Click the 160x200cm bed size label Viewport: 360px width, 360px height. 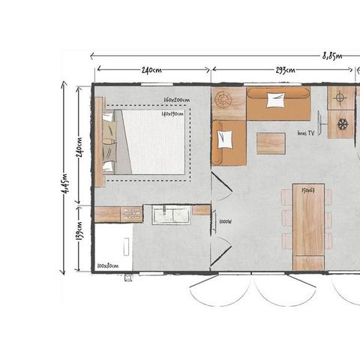176,100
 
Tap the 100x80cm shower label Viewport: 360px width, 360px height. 108,265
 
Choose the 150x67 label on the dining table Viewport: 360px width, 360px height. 307,190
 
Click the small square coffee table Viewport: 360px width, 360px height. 271,142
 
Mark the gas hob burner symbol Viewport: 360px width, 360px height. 340,97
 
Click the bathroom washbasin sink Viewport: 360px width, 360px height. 171,216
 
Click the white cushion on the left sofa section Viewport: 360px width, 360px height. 225,139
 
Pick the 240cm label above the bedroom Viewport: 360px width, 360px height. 151,70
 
